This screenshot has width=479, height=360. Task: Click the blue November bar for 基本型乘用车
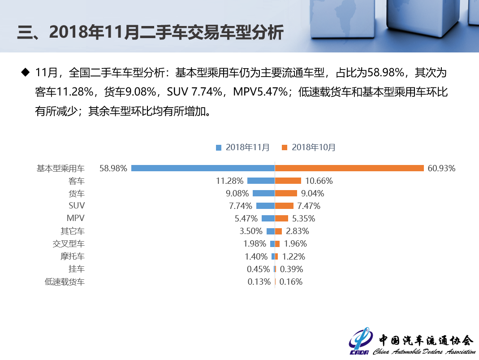(203, 168)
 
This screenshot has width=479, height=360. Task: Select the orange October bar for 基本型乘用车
(349, 168)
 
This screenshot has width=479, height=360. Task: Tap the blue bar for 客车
(261, 181)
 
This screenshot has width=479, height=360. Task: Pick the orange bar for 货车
(286, 193)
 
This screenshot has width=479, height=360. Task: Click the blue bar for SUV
(265, 206)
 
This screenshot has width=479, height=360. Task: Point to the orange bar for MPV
(281, 218)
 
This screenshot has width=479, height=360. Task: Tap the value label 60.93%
(441, 169)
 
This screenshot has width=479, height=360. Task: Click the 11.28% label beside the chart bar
(229, 181)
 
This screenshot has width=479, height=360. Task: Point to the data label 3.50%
(251, 231)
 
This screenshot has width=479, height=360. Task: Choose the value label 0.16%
(291, 282)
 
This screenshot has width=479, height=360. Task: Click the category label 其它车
(73, 231)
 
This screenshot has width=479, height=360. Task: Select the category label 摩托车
(73, 256)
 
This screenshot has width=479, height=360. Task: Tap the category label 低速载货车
(65, 282)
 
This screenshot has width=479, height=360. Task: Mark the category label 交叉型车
(69, 244)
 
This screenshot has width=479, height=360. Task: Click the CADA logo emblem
(361, 342)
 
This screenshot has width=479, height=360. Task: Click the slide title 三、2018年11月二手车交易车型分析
(150, 33)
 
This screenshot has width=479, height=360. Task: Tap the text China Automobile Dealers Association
(424, 351)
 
